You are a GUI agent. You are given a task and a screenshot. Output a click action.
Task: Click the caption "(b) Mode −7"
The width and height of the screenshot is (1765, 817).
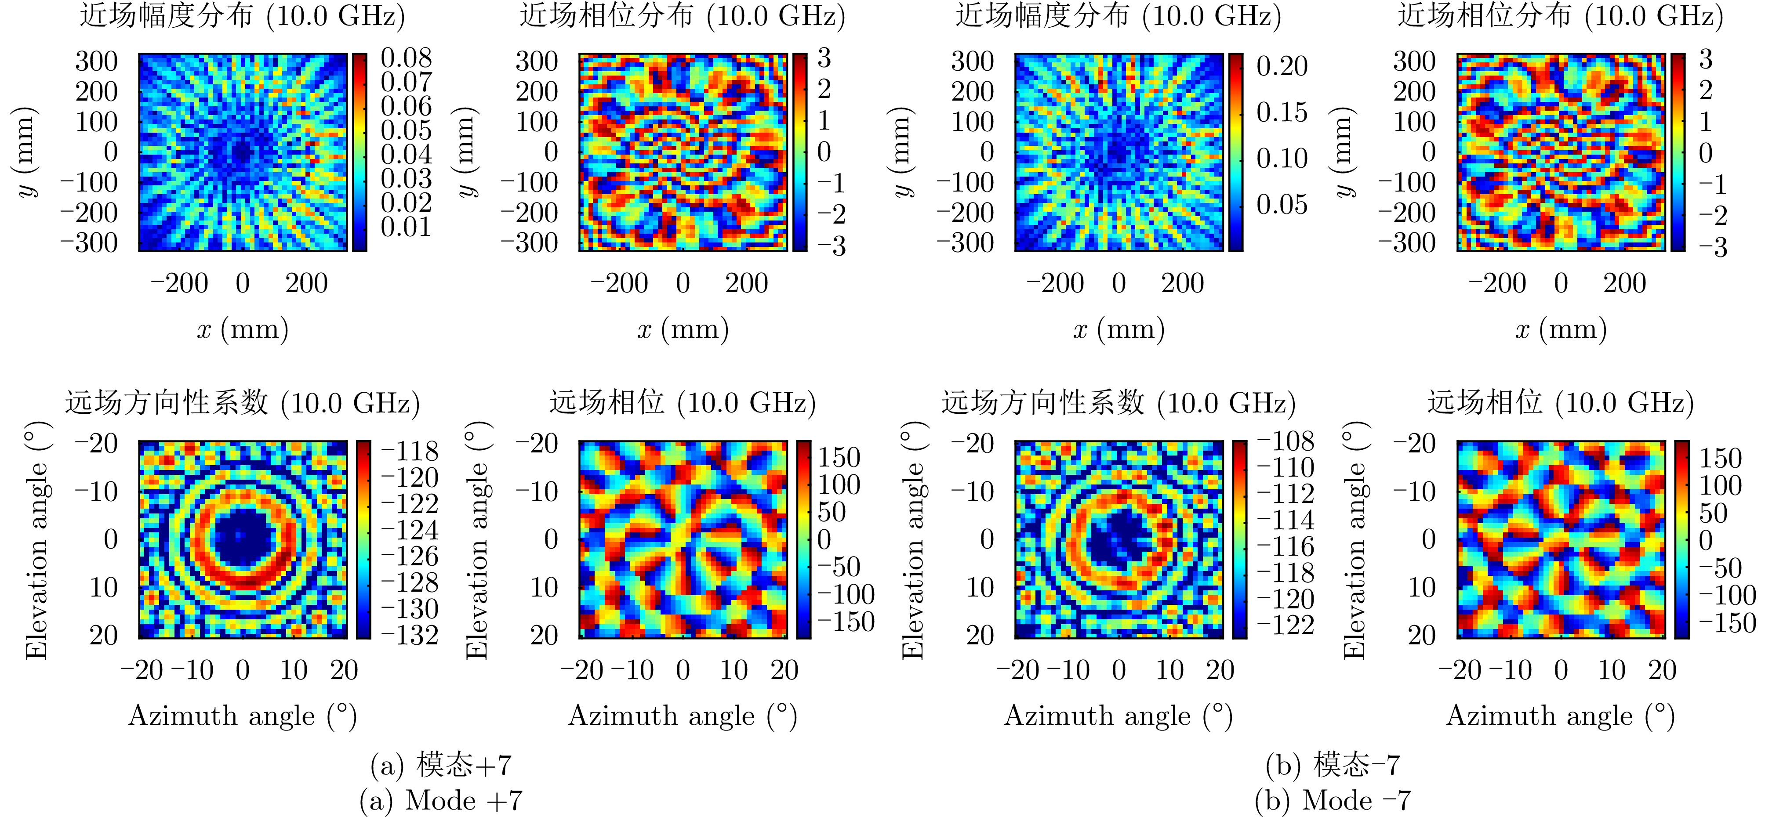pos(1332,800)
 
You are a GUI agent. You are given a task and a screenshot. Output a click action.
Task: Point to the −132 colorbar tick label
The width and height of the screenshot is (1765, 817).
pos(410,635)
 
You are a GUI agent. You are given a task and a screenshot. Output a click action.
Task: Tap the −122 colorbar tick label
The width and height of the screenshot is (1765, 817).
pos(1286,625)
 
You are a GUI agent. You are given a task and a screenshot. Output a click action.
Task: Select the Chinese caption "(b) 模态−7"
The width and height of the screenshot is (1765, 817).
pos(1332,764)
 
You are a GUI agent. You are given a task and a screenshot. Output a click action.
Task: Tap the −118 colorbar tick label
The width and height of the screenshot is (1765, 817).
pos(410,451)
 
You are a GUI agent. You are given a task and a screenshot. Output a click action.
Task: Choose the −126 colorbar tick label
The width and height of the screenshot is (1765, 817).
pos(410,556)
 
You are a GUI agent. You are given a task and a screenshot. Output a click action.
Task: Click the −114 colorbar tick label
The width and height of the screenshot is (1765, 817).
pos(1286,520)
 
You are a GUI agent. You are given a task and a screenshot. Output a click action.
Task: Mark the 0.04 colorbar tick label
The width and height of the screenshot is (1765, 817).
pos(406,155)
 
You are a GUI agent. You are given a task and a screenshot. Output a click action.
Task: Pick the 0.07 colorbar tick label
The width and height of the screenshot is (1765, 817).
pos(406,82)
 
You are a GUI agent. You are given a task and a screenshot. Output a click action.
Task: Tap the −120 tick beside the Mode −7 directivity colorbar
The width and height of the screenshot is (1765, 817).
pos(1286,599)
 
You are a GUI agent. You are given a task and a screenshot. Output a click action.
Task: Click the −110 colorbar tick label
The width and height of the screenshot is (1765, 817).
pos(1286,467)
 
